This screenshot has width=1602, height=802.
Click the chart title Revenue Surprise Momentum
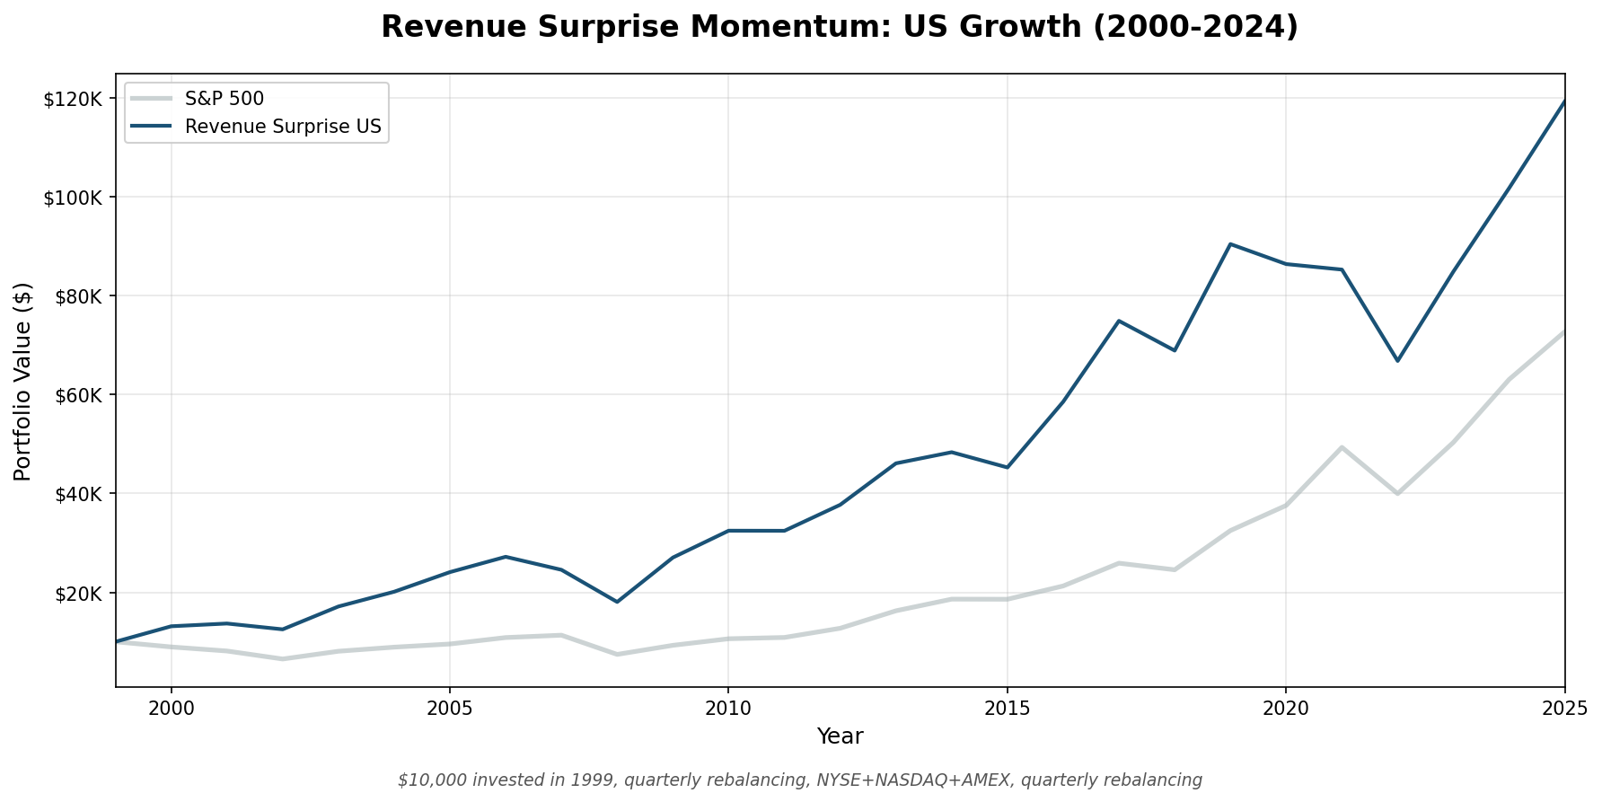(x=839, y=27)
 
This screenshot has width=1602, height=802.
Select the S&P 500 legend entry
(x=224, y=99)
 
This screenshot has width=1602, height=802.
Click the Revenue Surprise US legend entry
(x=283, y=127)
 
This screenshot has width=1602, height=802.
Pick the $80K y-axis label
(x=77, y=296)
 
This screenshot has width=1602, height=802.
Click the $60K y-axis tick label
(x=77, y=395)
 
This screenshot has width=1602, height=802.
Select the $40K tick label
(x=77, y=494)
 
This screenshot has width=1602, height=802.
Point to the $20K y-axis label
(x=77, y=593)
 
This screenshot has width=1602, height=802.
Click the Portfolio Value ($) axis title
(x=23, y=381)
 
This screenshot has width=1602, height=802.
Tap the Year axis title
(x=840, y=737)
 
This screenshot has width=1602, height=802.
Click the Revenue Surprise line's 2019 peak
(x=1230, y=243)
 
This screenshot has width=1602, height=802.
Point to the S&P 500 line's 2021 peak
(x=1342, y=447)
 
